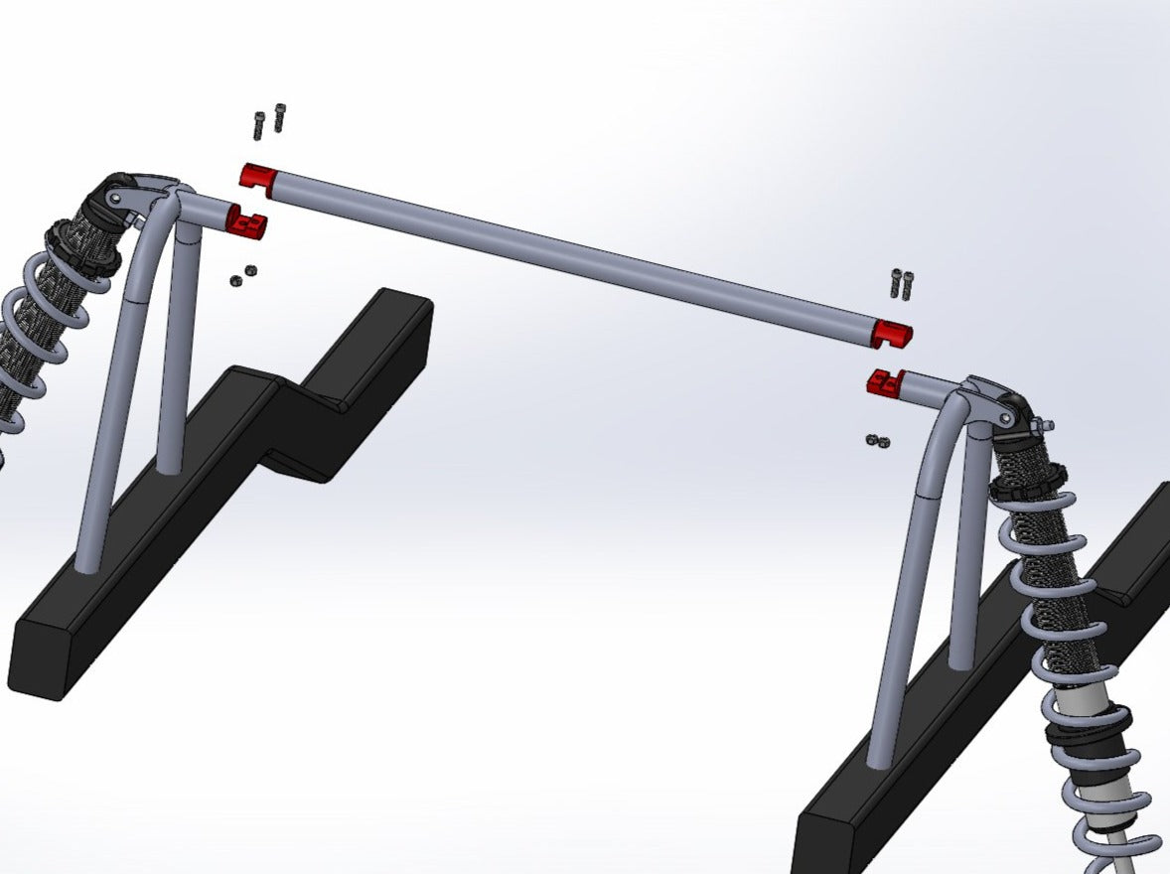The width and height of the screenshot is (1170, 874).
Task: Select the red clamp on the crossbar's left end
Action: (x=258, y=178)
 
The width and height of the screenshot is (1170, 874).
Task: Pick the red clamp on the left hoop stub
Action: (x=247, y=222)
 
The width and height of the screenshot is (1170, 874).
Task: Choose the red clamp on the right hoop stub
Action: (x=883, y=381)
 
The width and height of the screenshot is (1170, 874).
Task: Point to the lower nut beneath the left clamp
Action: (x=235, y=281)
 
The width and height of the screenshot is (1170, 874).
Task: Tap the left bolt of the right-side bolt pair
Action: (x=897, y=283)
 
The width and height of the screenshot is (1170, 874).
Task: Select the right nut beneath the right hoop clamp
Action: (x=884, y=442)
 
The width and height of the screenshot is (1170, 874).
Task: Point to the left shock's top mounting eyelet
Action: (x=116, y=200)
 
